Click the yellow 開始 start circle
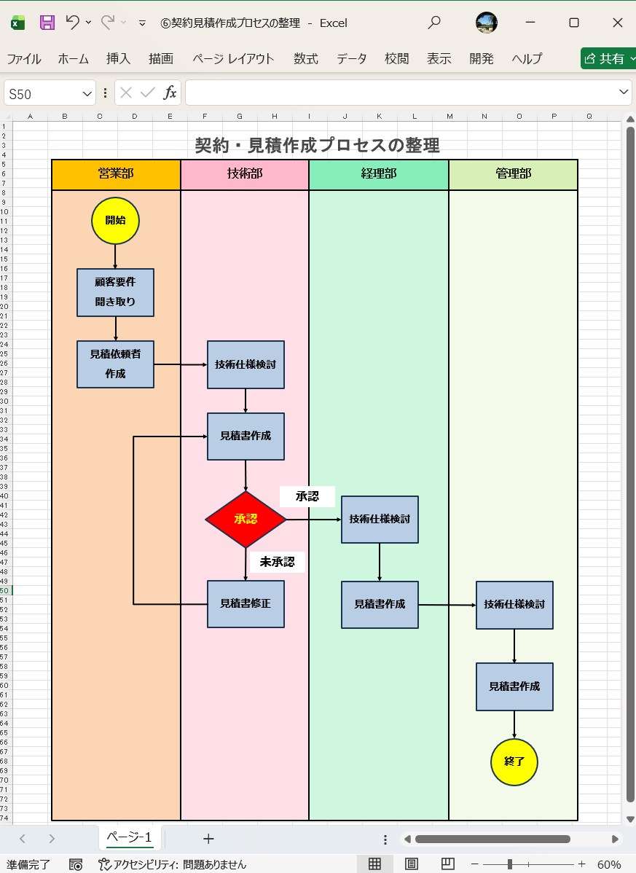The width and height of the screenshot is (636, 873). click(x=115, y=220)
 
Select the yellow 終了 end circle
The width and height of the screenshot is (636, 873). click(x=514, y=762)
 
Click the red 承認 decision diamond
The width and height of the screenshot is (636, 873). click(x=246, y=520)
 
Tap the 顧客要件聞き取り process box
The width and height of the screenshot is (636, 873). click(x=115, y=292)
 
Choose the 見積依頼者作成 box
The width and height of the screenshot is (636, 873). click(x=115, y=364)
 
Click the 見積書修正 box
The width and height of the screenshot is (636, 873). click(x=246, y=604)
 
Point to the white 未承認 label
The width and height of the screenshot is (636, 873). click(x=277, y=562)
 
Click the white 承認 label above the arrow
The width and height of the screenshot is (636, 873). click(x=307, y=496)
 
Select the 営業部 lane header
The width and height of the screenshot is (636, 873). click(x=116, y=174)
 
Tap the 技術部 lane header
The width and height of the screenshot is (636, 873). click(x=245, y=174)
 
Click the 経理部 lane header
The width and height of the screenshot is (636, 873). click(x=379, y=174)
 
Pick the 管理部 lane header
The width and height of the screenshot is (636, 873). click(x=514, y=174)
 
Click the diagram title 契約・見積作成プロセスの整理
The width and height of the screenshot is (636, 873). click(x=317, y=145)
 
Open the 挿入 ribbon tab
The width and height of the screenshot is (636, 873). click(x=118, y=59)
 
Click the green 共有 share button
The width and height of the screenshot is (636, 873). click(x=608, y=59)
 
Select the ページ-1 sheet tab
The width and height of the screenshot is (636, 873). click(x=129, y=837)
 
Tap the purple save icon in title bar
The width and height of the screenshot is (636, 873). click(x=47, y=23)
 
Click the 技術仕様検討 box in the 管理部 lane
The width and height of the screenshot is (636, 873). click(x=514, y=605)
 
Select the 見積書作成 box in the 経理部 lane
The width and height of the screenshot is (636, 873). click(x=380, y=605)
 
